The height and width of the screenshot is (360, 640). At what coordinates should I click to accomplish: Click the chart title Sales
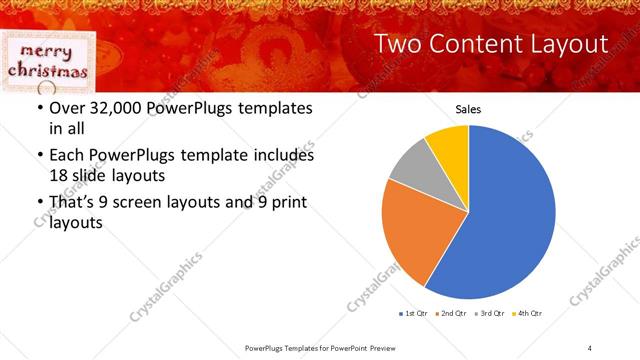pos(469,108)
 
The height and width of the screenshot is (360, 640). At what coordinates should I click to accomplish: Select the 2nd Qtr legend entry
pos(452,314)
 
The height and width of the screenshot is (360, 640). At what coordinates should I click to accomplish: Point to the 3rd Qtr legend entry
pos(490,314)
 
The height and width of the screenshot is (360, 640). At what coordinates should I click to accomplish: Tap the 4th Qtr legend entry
pos(527,314)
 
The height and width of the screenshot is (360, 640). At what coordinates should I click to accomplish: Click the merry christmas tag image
pos(47,60)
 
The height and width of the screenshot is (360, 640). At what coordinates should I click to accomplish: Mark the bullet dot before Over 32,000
pos(39,108)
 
